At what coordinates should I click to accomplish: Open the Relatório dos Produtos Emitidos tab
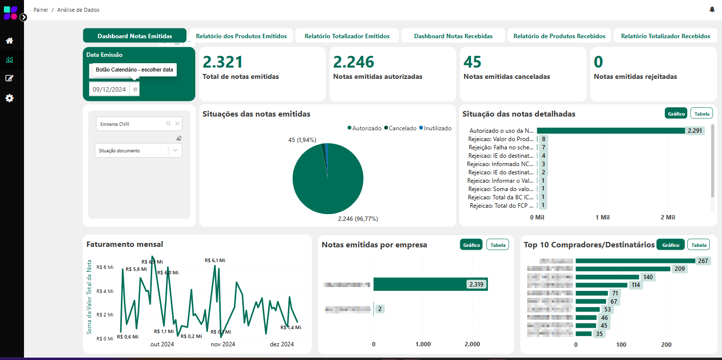pos(241,36)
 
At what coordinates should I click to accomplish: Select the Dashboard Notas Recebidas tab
pos(453,36)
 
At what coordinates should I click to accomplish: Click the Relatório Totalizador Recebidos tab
pos(665,36)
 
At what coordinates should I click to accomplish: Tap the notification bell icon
pos(712,10)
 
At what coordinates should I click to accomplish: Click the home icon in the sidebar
pos(9,41)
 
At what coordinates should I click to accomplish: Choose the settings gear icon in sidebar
pos(9,98)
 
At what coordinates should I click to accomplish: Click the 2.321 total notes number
pos(223,62)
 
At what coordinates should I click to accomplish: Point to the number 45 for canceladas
pos(472,62)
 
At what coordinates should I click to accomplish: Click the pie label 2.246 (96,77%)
pos(358,219)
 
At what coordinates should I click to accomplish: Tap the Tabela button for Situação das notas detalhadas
pos(701,114)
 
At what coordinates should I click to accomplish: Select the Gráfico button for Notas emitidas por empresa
pos(471,245)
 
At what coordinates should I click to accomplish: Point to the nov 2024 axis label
pos(223,344)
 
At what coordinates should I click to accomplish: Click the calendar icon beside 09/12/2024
pos(135,90)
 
